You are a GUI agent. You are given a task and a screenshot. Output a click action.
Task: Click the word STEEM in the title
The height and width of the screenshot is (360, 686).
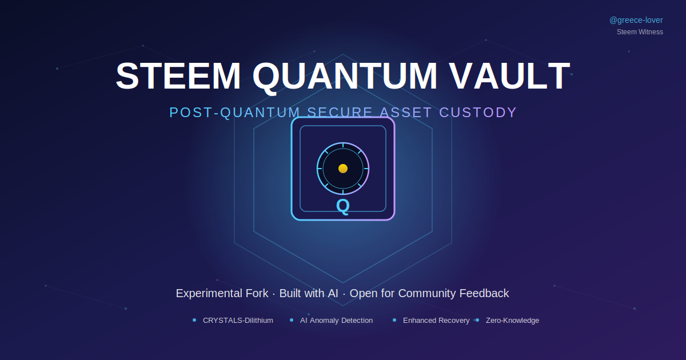tap(178, 76)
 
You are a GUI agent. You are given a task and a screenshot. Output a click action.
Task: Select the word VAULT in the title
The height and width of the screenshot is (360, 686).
tap(509, 76)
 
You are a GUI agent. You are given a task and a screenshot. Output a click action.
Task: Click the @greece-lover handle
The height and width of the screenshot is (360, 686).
tap(636, 20)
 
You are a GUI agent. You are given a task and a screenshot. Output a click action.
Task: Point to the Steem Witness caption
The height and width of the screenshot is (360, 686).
tap(640, 32)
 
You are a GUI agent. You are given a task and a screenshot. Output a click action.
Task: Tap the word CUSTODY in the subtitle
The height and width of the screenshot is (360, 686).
tap(478, 113)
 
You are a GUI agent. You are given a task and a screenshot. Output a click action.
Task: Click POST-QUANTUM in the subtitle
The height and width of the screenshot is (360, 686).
tap(234, 113)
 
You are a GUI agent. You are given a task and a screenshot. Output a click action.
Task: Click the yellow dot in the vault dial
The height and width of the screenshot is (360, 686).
tap(343, 169)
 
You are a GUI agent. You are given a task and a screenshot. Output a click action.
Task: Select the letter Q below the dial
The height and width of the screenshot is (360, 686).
tap(342, 206)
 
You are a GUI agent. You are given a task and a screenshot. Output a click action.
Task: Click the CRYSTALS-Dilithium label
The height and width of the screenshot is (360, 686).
tap(238, 321)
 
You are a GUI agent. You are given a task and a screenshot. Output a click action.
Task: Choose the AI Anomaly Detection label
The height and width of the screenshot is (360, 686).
tap(336, 321)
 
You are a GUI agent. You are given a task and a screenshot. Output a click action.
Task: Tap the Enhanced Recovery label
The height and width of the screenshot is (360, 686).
tap(436, 321)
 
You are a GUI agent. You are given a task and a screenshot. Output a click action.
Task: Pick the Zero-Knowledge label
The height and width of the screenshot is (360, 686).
tap(512, 321)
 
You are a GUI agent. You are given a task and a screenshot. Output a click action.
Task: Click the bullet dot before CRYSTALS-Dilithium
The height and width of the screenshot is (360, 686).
tap(194, 320)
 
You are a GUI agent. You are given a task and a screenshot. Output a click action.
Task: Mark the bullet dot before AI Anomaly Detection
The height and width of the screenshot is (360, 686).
tap(292, 320)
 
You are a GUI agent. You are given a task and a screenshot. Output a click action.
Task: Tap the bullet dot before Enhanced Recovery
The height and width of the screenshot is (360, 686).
tap(394, 320)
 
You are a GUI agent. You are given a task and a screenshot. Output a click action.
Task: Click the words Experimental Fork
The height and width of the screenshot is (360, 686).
tap(222, 293)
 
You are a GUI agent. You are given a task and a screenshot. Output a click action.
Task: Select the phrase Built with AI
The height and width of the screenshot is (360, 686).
tap(309, 293)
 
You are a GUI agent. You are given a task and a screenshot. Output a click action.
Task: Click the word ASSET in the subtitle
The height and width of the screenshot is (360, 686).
tap(406, 113)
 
